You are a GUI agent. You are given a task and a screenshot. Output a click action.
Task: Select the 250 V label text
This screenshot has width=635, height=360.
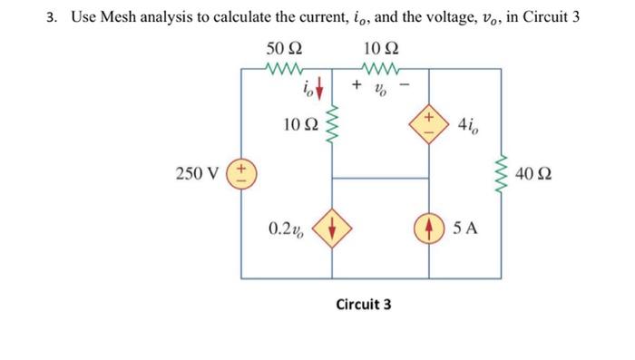pos(201,173)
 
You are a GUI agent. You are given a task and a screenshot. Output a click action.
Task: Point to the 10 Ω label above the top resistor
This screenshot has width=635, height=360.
pos(378,48)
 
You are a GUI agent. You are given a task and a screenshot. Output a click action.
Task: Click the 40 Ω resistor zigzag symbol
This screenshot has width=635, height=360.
pos(502,172)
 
